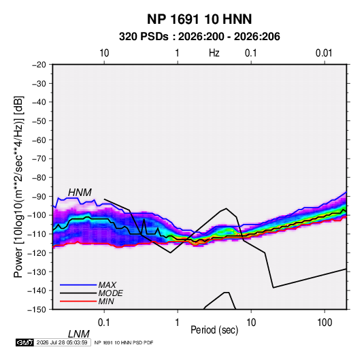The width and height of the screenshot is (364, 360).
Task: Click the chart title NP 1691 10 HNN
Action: tap(199, 19)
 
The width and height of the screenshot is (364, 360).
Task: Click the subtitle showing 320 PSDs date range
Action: tap(199, 37)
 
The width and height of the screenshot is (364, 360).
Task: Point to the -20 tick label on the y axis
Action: tap(39, 65)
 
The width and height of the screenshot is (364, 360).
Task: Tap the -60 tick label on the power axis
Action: tap(39, 140)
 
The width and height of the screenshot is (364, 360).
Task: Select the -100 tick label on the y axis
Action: tap(37, 215)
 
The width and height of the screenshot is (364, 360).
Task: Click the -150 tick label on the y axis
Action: tap(37, 310)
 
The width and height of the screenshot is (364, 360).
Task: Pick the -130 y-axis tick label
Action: tap(37, 272)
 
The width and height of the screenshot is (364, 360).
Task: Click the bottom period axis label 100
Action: tap(325, 323)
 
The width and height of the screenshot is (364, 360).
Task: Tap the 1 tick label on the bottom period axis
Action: tap(178, 323)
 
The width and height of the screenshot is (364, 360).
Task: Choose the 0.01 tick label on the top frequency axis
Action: tap(324, 53)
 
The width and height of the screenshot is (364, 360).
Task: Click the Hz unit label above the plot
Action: tap(214, 53)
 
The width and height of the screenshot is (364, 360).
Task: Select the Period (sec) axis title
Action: tap(214, 330)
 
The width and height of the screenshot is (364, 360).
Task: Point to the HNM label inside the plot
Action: tap(80, 193)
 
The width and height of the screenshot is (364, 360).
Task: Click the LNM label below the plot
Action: tap(79, 334)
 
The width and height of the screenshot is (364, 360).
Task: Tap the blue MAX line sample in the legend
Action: tap(78, 284)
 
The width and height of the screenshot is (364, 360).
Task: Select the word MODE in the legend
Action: tap(110, 293)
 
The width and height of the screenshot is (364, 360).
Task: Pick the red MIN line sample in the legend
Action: tap(78, 301)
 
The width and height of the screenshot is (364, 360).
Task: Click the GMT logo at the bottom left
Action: tap(25, 342)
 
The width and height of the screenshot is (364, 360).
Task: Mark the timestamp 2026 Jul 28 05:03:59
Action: tap(62, 342)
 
